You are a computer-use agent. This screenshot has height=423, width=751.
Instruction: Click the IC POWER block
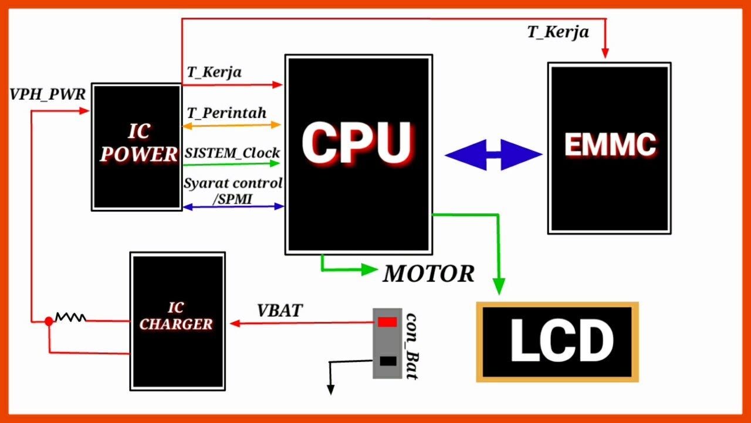137,147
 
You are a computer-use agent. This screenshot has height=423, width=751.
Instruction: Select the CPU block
358,155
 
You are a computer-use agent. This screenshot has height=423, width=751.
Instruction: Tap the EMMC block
610,148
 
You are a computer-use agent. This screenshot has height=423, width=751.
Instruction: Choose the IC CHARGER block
177,321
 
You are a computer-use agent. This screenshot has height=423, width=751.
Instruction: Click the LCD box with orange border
557,342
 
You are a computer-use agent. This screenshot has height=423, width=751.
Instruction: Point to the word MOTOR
429,274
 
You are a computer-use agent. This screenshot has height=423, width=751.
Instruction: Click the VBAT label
280,311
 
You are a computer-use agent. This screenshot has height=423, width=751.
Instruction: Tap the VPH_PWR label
48,95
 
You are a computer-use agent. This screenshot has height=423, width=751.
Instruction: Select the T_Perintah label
226,113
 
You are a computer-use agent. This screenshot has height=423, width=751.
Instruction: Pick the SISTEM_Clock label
232,153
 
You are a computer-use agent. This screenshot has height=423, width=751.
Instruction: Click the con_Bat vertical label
412,346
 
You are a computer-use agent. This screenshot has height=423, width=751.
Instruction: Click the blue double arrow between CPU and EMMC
493,155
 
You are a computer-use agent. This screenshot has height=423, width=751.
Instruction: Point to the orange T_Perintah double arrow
232,126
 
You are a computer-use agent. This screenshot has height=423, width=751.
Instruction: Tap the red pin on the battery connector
388,323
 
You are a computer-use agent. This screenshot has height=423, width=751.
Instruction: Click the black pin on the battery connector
388,361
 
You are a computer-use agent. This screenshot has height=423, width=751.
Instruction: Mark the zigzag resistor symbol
71,317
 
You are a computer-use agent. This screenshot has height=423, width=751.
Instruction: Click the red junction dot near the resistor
49,321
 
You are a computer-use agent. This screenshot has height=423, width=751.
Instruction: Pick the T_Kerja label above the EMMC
558,32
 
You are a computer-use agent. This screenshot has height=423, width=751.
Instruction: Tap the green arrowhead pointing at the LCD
499,286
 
